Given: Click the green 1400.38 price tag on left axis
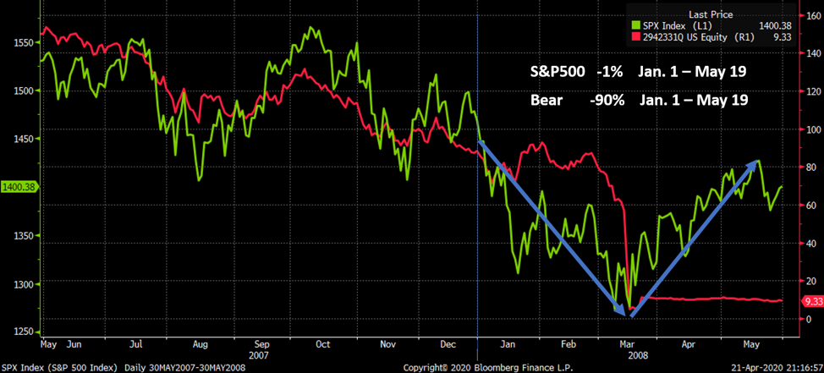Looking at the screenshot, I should coord(16,187).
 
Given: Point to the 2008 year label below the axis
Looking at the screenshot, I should coord(638,356).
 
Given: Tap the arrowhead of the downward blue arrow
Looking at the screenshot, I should coord(625,314).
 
